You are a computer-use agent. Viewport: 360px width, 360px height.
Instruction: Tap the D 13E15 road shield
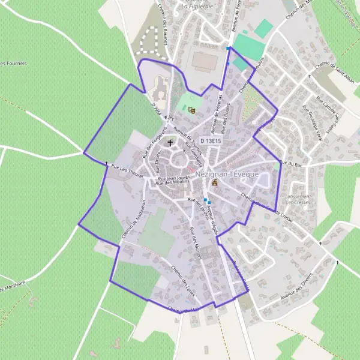click(211, 140)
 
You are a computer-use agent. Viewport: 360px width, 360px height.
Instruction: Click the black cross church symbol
click(170, 143)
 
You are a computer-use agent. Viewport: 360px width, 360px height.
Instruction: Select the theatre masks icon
click(192, 110)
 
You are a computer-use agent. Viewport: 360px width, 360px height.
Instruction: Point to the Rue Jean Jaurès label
click(173, 178)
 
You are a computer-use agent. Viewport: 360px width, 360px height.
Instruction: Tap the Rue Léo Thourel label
click(128, 171)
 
